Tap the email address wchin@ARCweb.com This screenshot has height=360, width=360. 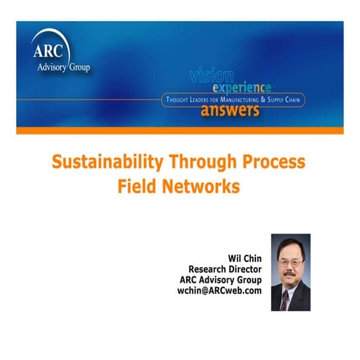219,289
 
